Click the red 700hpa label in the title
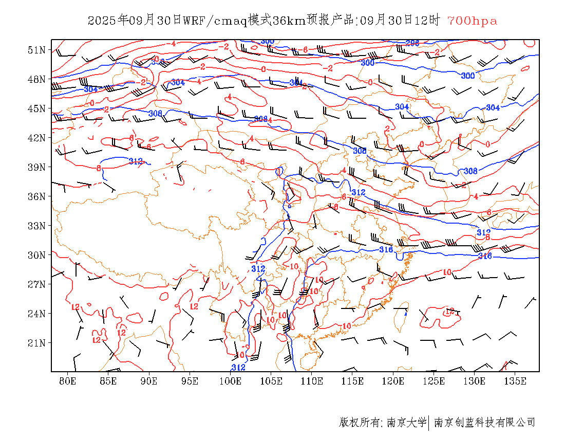[x=472, y=21]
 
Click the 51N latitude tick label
[x=36, y=50]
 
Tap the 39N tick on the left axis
[x=36, y=167]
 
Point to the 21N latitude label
[x=36, y=343]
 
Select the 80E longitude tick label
[x=68, y=381]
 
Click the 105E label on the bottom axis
[x=271, y=381]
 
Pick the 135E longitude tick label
[x=515, y=381]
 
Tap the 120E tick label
[x=393, y=381]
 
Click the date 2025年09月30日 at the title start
[x=135, y=21]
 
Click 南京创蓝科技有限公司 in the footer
[x=485, y=423]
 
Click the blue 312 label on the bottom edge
[x=238, y=368]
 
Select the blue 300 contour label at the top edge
[x=267, y=42]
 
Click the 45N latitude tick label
[x=36, y=108]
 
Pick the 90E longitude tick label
[x=149, y=381]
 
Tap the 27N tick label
[x=36, y=284]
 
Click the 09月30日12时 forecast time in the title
[x=400, y=21]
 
